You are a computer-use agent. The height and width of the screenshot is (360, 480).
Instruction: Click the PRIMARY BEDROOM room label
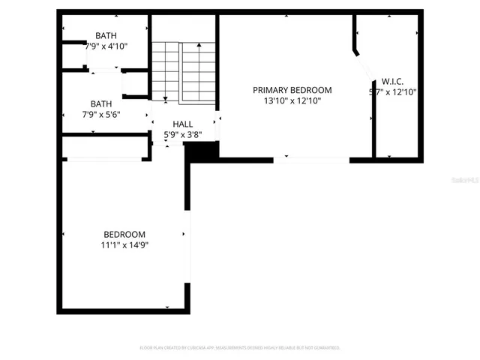pyautogui.click(x=292, y=90)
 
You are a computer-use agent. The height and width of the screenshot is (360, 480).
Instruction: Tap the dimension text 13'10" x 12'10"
pyautogui.click(x=292, y=100)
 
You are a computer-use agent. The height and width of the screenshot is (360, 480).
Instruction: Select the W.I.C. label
pyautogui.click(x=392, y=81)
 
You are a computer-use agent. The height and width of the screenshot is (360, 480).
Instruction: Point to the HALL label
pyautogui.click(x=183, y=124)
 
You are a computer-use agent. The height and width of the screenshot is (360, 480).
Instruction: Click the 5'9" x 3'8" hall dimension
pyautogui.click(x=183, y=135)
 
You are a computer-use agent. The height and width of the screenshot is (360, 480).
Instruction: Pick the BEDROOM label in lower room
pyautogui.click(x=124, y=234)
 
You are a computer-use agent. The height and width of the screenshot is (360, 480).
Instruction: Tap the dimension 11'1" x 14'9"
pyautogui.click(x=124, y=244)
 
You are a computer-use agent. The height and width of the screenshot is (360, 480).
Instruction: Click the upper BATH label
pyautogui.click(x=106, y=36)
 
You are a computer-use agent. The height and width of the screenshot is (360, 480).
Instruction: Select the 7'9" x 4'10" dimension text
pyautogui.click(x=106, y=46)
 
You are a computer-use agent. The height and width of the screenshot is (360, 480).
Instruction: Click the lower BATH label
pyautogui.click(x=101, y=104)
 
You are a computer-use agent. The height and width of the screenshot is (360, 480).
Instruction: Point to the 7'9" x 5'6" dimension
pyautogui.click(x=101, y=115)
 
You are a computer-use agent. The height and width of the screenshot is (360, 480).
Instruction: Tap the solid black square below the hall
pyautogui.click(x=201, y=151)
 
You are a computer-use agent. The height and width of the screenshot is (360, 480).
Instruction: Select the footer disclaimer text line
pyautogui.click(x=240, y=348)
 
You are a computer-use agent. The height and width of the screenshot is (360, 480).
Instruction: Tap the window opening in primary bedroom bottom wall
pyautogui.click(x=311, y=159)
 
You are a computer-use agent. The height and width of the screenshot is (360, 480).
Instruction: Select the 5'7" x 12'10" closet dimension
pyautogui.click(x=392, y=92)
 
